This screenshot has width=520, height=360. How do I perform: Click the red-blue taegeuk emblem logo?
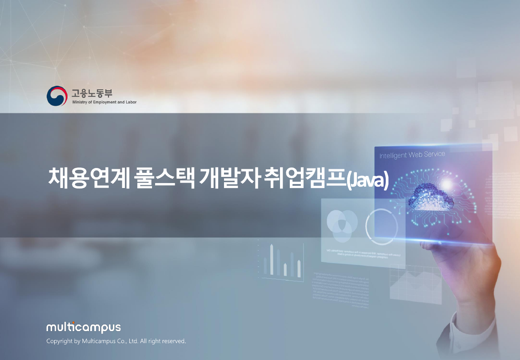tap(57, 96)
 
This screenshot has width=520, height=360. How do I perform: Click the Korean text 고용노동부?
tap(92, 93)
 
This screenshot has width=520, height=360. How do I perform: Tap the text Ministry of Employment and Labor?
tap(104, 102)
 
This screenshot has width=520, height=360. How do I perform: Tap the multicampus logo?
tap(84, 328)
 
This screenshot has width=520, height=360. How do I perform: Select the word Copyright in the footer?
tap(58, 341)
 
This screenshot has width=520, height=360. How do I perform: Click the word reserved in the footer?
tap(172, 341)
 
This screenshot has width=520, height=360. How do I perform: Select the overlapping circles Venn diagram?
tap(342, 225)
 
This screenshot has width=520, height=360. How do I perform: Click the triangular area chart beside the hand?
tap(416, 284)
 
